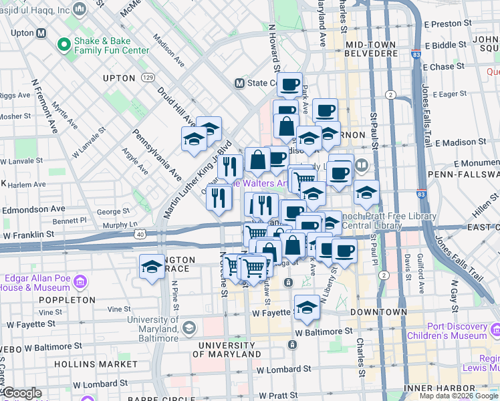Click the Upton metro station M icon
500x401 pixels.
coord(41,33)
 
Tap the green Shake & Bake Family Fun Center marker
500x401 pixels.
coord(64,45)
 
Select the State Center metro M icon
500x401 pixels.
coord(239,84)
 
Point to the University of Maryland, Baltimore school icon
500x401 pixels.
coord(189,327)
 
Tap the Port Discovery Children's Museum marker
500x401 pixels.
coord(495,331)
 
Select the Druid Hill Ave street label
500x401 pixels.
coord(176,106)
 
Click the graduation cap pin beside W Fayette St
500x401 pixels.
coord(307,306)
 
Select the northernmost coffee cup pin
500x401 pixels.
coord(289,84)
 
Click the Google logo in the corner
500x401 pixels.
coord(21,393)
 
